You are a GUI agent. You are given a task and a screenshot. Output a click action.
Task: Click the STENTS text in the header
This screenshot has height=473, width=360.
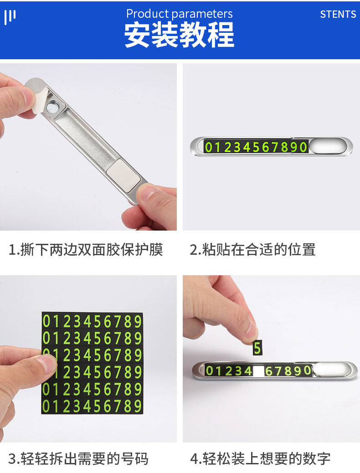tap(338, 14)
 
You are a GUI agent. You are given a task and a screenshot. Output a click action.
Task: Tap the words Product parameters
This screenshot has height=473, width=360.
tap(179, 14)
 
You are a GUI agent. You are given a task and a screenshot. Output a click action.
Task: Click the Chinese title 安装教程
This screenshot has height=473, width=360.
tap(179, 35)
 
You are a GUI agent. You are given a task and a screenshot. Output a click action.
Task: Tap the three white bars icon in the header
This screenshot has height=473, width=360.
tap(10, 16)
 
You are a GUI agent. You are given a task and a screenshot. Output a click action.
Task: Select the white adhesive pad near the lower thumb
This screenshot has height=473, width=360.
tap(124, 175)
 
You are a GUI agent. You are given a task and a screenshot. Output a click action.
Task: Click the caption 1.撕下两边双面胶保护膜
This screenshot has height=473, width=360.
tap(86, 250)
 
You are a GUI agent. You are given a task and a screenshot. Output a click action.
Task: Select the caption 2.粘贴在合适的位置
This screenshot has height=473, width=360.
tap(252, 250)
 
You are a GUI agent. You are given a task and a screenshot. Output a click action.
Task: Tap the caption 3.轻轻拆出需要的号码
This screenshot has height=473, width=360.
tap(78, 459)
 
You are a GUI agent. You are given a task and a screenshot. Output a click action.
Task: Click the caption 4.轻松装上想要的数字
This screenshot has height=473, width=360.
tap(260, 459)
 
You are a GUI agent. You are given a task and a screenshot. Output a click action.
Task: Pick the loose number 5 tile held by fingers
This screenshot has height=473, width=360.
tap(257, 348)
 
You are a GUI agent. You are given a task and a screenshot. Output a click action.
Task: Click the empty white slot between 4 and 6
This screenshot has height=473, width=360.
tap(258, 371)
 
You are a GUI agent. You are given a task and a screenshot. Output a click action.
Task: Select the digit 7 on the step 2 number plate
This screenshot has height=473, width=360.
tap(274, 147)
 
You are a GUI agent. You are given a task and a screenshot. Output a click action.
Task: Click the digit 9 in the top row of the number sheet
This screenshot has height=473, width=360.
tap(138, 322)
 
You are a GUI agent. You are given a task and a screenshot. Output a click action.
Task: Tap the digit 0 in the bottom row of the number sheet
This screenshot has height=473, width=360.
tap(46, 406)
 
